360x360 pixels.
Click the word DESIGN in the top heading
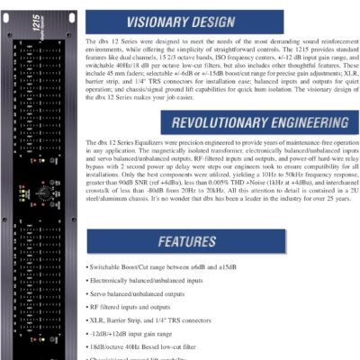click(253, 20)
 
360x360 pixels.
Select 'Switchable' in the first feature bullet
click(106, 268)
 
